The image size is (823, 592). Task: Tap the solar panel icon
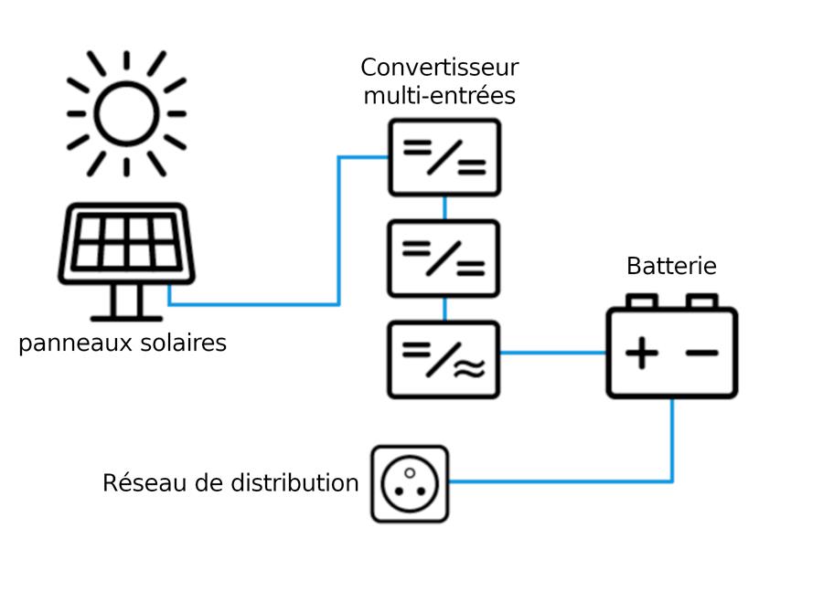point(126,261)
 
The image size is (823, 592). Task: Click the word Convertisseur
point(439,68)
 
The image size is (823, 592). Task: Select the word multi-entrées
point(439,96)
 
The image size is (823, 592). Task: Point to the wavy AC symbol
point(469,369)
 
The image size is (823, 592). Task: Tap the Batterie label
point(671,266)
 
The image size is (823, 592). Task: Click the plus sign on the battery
point(642,353)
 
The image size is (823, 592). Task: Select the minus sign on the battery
point(701,353)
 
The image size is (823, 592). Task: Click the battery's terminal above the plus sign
point(642,301)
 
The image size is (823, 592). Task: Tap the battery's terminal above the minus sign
point(701,301)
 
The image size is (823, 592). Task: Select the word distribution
point(294,482)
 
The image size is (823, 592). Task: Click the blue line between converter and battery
point(552,353)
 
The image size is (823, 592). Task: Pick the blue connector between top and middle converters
point(445,208)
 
